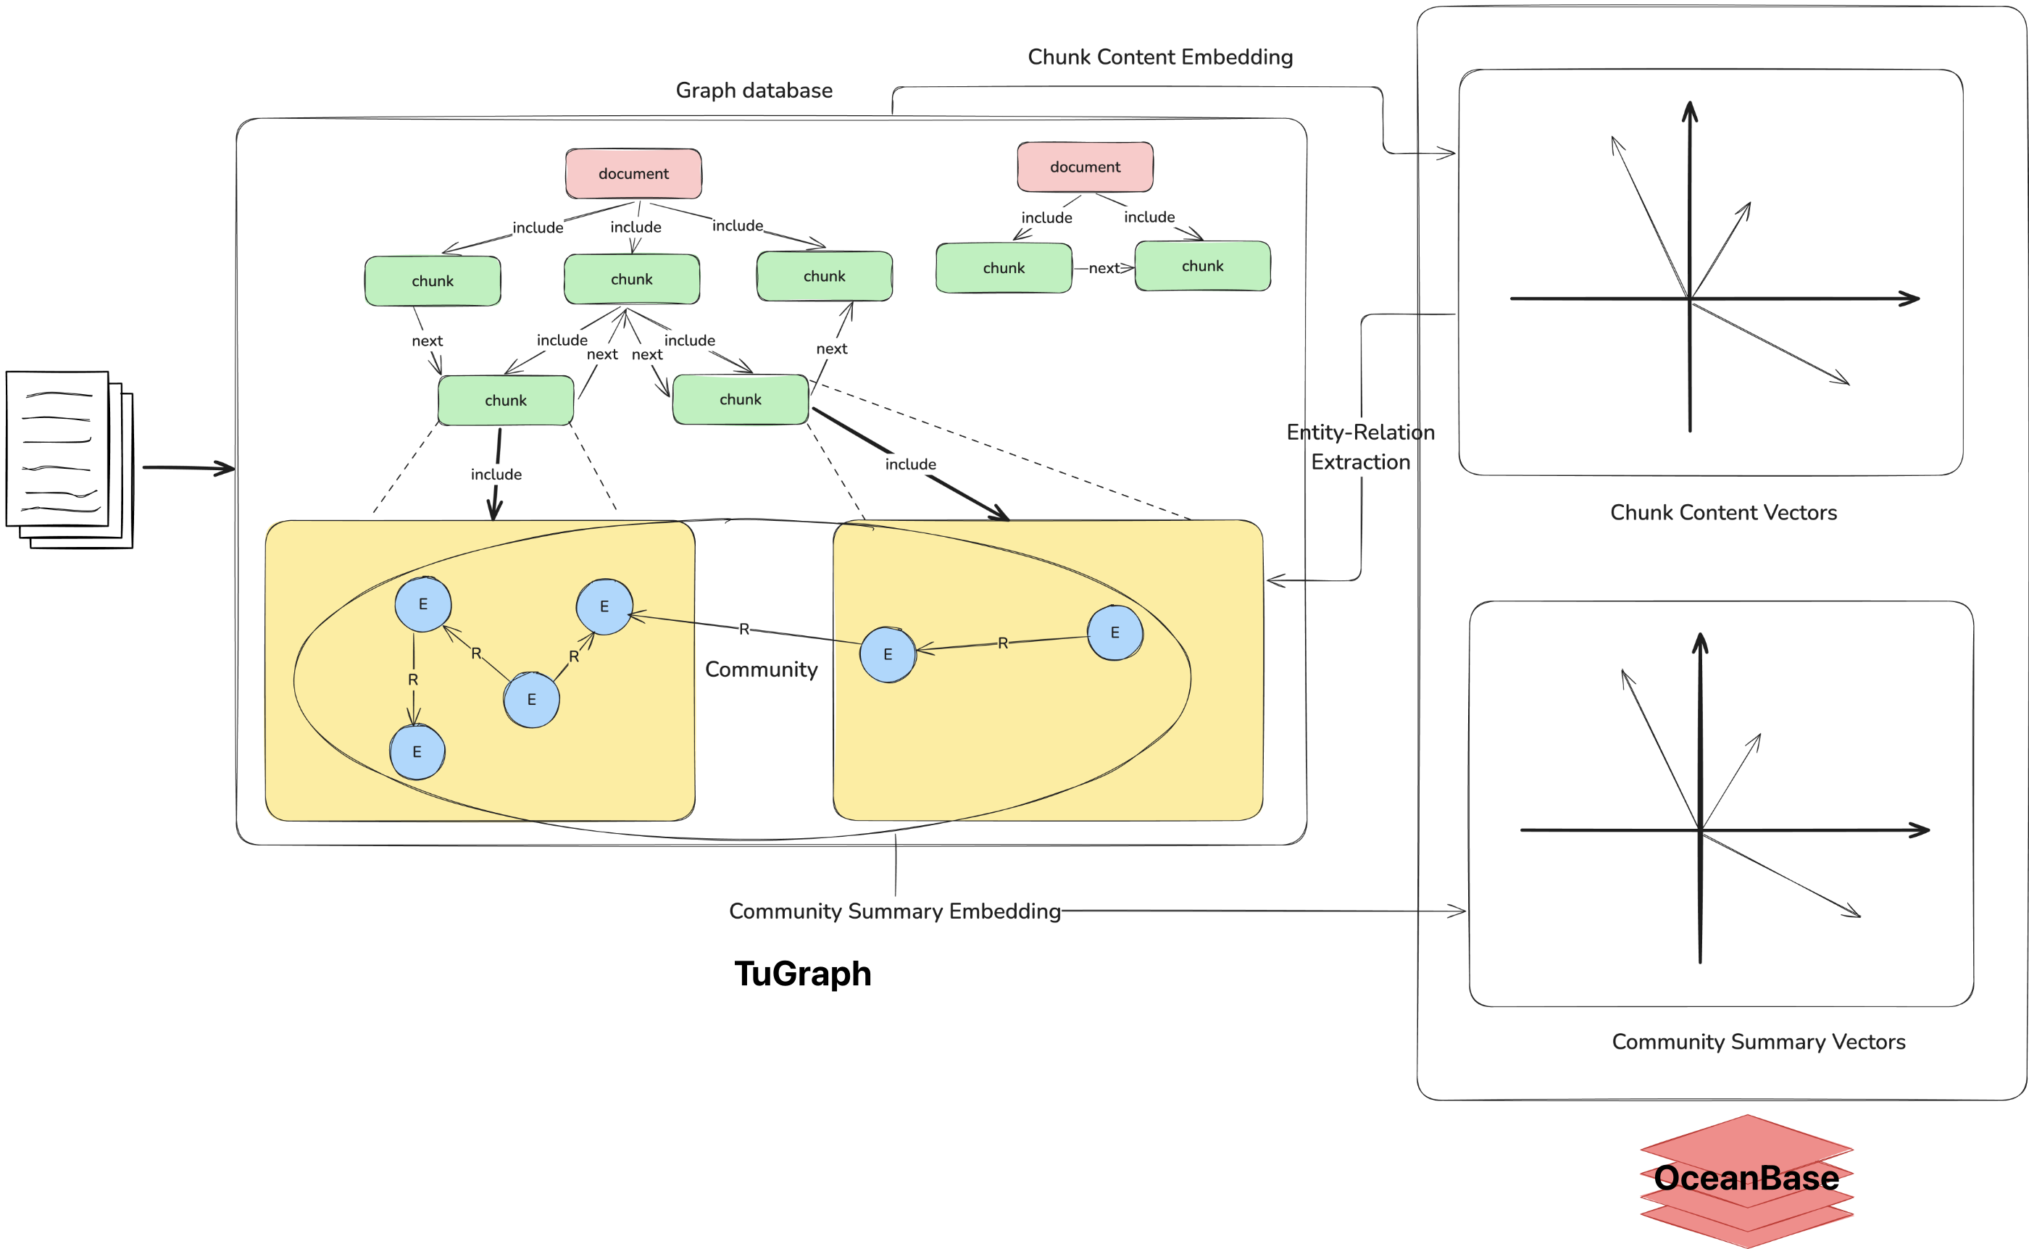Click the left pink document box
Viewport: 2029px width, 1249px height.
pos(633,173)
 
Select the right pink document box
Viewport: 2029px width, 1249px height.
pos(1085,167)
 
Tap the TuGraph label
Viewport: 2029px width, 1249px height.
pos(802,973)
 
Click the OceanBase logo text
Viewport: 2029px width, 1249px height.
pos(1746,1177)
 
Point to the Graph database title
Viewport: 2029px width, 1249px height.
pos(754,90)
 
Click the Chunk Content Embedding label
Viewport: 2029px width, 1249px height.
pos(1160,57)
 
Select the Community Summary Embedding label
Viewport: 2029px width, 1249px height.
pos(894,911)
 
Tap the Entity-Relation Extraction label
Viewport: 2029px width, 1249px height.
pos(1360,447)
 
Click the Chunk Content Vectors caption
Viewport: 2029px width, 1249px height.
pos(1722,512)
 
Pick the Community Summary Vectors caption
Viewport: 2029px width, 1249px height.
pos(1758,1041)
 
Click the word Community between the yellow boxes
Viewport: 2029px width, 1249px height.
pos(761,669)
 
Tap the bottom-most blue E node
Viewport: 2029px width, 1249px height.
pos(417,752)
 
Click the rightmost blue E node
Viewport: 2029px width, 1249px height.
pos(1115,632)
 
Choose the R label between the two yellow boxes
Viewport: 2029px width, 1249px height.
pos(743,630)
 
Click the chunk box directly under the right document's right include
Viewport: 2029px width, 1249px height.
pos(1202,266)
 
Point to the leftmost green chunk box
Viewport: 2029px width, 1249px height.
pos(432,281)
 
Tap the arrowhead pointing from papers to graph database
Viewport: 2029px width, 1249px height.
pos(225,468)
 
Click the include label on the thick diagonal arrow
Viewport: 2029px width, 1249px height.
pos(910,464)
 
